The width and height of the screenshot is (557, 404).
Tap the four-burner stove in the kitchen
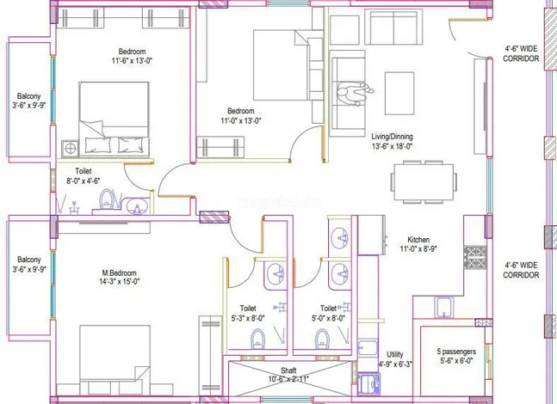pos(473,255)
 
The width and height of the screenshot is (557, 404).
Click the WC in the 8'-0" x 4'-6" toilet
pos(107,201)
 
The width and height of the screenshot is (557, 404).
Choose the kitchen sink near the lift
pos(444,307)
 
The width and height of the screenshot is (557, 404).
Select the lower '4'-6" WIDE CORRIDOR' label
pos(521,270)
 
